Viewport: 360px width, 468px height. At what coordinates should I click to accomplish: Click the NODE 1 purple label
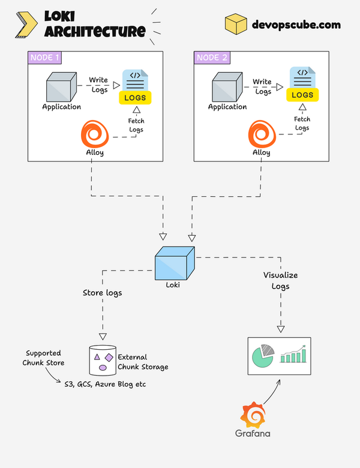pyautogui.click(x=44, y=58)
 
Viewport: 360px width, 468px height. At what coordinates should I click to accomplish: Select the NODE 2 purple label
pyautogui.click(x=211, y=58)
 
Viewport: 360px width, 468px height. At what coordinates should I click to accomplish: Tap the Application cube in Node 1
pyautogui.click(x=62, y=86)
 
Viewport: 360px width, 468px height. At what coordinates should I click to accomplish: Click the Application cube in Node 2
pyautogui.click(x=228, y=86)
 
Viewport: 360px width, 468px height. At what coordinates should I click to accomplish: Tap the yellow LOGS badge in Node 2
pyautogui.click(x=302, y=95)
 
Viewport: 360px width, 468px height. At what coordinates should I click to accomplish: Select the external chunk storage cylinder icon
pyautogui.click(x=102, y=359)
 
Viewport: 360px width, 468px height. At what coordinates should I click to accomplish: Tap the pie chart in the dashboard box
pyautogui.click(x=263, y=355)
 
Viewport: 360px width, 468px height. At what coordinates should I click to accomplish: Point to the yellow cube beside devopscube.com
pyautogui.click(x=236, y=25)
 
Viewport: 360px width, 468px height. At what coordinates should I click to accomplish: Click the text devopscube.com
pyautogui.click(x=296, y=25)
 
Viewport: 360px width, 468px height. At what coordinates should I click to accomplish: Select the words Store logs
pyautogui.click(x=102, y=293)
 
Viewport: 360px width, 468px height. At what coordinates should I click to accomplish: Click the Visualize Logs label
pyautogui.click(x=280, y=281)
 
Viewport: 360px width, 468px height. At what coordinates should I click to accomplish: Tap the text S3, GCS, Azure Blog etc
pyautogui.click(x=105, y=383)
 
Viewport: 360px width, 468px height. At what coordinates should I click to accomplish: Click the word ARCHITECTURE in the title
pyautogui.click(x=94, y=31)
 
